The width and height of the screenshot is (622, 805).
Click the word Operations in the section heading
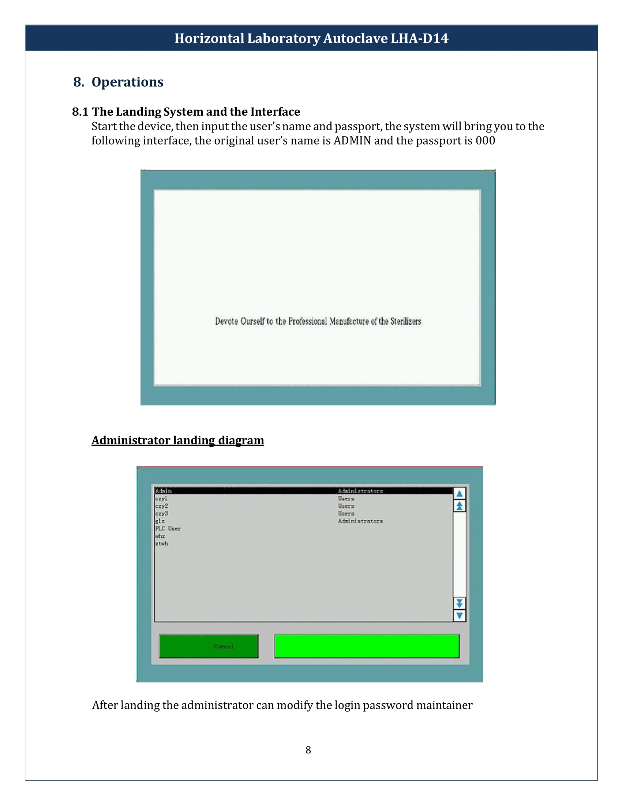coord(127,82)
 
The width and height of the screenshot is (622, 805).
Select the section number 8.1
coord(80,112)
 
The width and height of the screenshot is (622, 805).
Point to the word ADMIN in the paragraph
coord(352,141)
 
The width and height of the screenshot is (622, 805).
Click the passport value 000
coord(485,141)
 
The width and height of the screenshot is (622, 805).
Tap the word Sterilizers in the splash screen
coord(406,321)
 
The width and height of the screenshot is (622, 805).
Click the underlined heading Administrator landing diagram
coord(178,441)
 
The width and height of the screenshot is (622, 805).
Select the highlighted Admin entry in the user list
coord(163,491)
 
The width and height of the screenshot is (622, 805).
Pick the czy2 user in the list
coord(161,506)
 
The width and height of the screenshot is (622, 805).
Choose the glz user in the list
coord(160,521)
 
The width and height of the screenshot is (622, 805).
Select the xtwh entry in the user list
coord(161,544)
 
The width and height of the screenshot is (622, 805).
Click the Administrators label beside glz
coord(360,521)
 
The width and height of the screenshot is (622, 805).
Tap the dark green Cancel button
coord(209,646)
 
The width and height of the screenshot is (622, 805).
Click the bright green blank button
coord(367,646)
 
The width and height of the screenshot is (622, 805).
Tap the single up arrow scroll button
coord(460,494)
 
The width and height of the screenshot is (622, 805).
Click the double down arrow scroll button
coord(460,603)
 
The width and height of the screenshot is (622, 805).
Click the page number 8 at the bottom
coord(308,750)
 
